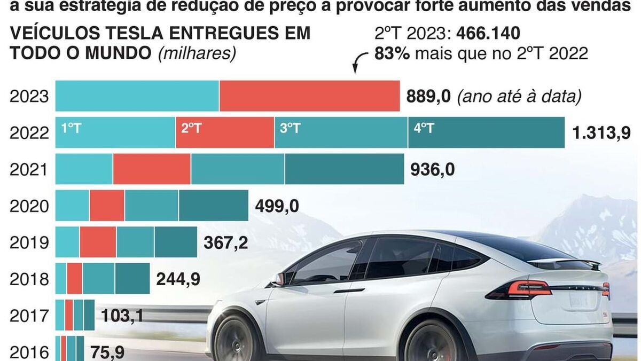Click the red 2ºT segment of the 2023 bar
tap(309, 96)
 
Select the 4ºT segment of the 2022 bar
tap(486, 132)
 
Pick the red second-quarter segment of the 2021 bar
tap(152, 169)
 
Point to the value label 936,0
tap(433, 169)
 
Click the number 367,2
tap(226, 242)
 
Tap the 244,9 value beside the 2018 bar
tap(178, 279)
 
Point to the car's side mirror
tap(279, 278)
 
